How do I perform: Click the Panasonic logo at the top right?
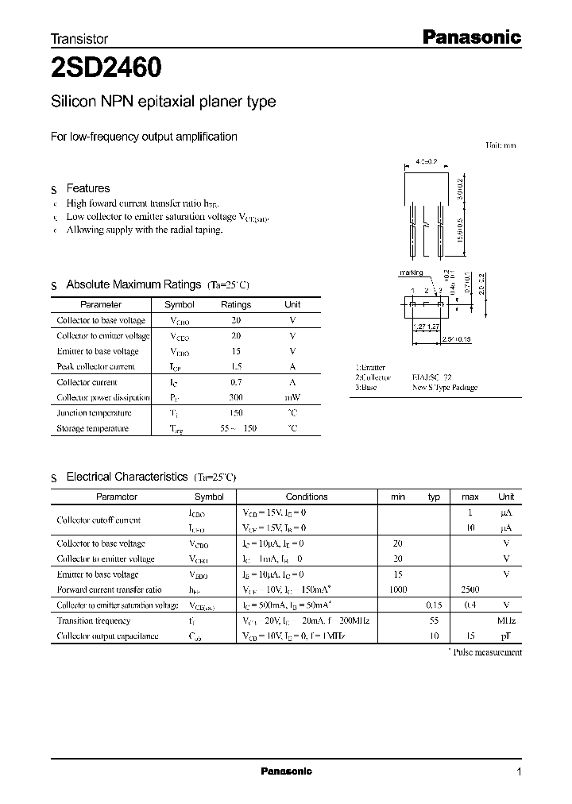470,37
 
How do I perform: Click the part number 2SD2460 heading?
107,69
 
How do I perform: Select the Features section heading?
87,188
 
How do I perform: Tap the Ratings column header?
235,304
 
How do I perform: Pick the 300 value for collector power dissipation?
235,397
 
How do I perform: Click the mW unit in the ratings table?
292,397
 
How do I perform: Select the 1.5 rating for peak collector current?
235,366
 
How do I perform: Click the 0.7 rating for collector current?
235,382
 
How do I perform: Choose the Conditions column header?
306,497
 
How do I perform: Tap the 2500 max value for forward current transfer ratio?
470,589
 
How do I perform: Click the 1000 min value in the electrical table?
398,589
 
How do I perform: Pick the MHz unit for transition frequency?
505,620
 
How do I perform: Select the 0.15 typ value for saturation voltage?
434,605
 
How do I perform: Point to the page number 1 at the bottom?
519,771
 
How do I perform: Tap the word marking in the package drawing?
412,273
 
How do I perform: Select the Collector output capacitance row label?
107,636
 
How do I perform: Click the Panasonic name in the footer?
286,771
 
